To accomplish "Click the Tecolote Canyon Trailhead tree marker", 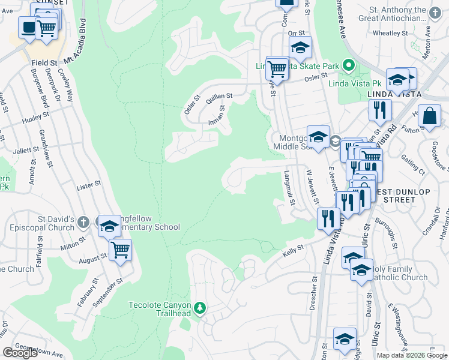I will point(200,308).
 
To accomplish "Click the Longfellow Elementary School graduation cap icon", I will point(109,226).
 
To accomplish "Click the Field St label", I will point(45,62).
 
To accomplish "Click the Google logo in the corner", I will point(20,353).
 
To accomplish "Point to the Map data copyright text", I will point(411,355).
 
